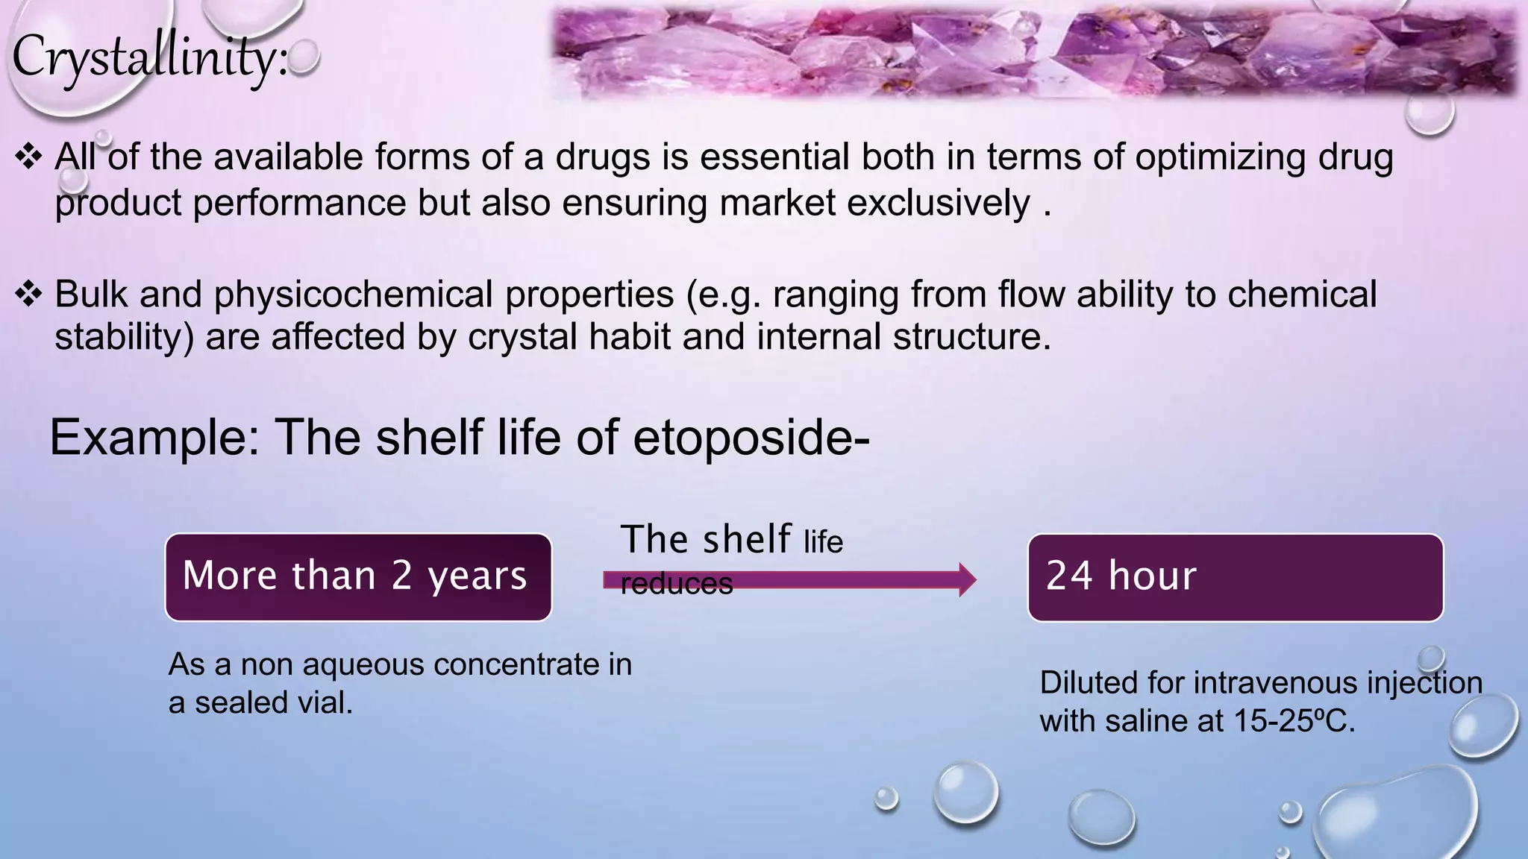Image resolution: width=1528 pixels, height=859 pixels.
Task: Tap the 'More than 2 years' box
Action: [x=358, y=577]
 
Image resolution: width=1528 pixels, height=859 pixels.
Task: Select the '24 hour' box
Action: [x=1235, y=577]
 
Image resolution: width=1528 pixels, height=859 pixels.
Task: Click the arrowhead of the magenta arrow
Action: [x=967, y=579]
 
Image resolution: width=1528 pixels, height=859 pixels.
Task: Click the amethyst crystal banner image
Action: [x=1033, y=51]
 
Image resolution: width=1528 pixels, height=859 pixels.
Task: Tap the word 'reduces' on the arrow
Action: [x=676, y=584]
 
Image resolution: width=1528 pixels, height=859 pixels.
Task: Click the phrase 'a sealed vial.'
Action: [x=260, y=702]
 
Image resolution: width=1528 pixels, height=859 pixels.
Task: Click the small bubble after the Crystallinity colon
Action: [x=304, y=57]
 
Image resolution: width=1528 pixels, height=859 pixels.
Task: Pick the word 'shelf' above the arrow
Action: [x=746, y=539]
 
